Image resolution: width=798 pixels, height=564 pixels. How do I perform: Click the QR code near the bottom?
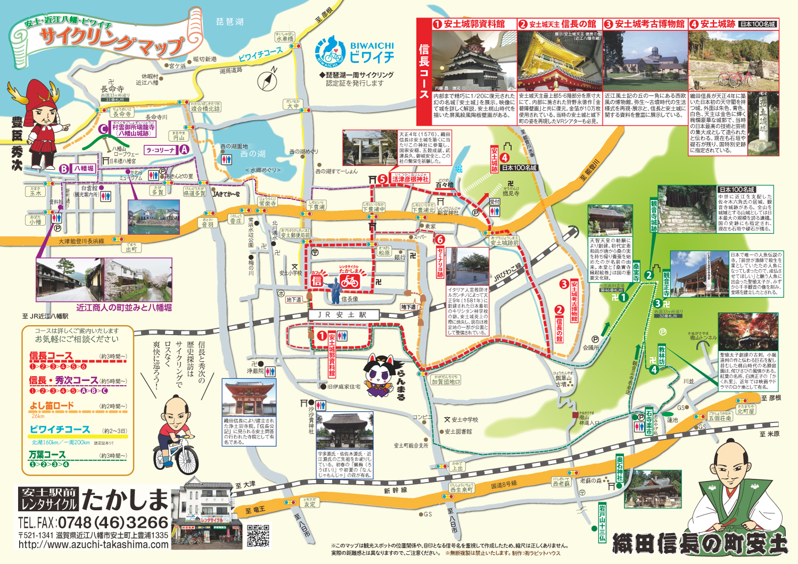click(258, 536)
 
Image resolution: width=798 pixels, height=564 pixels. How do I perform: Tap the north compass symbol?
click(269, 80)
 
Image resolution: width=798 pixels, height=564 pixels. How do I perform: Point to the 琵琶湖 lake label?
click(230, 22)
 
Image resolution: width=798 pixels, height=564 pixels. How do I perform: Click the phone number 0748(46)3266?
click(113, 522)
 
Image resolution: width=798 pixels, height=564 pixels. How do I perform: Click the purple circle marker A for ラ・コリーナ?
click(184, 150)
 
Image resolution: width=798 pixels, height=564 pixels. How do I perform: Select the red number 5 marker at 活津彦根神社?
click(383, 179)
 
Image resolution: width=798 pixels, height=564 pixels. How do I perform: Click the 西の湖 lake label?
click(253, 154)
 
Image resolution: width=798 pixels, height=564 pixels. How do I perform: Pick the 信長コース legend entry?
click(51, 356)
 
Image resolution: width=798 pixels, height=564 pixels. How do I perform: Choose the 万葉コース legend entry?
click(47, 455)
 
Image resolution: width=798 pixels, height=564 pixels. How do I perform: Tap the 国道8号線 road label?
click(503, 484)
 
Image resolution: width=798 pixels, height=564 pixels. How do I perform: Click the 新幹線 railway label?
click(395, 491)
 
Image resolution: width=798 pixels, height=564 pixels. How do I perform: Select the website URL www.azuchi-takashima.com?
click(93, 544)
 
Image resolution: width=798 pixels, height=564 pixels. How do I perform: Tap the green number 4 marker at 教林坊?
click(654, 369)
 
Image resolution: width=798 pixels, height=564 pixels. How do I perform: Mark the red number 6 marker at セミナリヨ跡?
click(439, 240)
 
